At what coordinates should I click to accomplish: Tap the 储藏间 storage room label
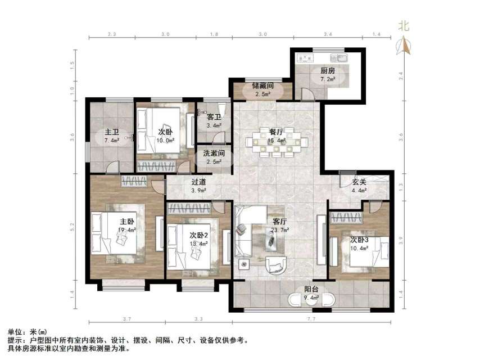pyautogui.click(x=262, y=85)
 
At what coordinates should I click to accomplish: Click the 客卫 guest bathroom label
pyautogui.click(x=214, y=117)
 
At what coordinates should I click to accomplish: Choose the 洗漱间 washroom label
pyautogui.click(x=214, y=152)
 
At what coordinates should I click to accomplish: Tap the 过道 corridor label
pyautogui.click(x=198, y=182)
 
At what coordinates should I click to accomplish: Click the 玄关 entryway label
pyautogui.click(x=360, y=182)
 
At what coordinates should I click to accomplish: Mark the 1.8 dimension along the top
pyautogui.click(x=214, y=35)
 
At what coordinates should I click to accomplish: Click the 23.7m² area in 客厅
pyautogui.click(x=280, y=230)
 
